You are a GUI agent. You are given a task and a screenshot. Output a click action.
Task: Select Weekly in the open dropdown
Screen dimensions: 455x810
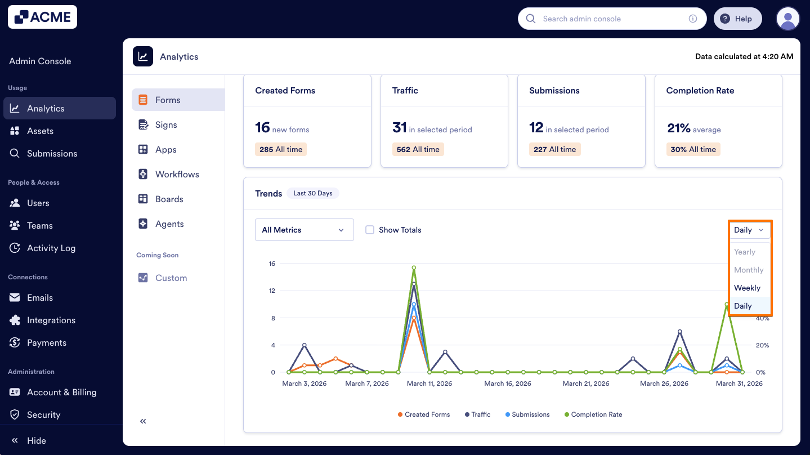(747, 288)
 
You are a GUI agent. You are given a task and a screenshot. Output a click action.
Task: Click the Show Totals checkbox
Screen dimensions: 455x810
(370, 230)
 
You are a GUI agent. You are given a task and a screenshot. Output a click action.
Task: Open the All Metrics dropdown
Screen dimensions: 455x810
(304, 230)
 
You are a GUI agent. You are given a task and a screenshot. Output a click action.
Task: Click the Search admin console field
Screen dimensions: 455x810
(611, 19)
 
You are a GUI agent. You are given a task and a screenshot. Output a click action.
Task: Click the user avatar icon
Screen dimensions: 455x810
(787, 19)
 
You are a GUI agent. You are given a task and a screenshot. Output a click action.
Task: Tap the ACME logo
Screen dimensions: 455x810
(43, 17)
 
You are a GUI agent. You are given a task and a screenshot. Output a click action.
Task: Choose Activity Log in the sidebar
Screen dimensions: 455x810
(51, 248)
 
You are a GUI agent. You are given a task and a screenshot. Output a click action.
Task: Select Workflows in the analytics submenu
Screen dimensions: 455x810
(177, 174)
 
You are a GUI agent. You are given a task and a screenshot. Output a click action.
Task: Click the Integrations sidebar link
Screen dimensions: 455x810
(51, 320)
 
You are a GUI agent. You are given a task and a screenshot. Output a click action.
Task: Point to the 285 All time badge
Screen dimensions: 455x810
(281, 149)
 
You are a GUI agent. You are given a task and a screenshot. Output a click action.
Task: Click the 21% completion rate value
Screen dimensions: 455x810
(678, 128)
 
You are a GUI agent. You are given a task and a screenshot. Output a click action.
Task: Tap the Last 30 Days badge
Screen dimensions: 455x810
(312, 193)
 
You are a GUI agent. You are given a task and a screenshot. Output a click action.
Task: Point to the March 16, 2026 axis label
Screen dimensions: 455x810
(507, 383)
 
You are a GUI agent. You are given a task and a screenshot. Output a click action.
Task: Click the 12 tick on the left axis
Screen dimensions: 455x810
(272, 291)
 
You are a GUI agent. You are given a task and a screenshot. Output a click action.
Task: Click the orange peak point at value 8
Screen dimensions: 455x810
(414, 318)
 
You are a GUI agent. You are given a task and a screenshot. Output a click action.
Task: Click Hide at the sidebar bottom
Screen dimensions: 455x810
(36, 440)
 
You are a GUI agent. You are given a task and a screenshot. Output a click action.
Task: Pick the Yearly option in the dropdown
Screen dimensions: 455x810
(744, 252)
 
